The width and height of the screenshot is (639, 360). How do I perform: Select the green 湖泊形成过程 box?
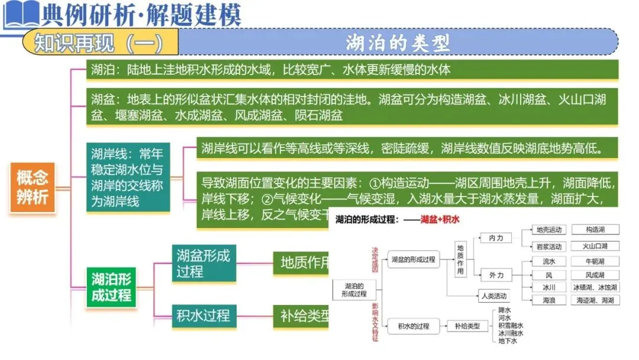(112, 287)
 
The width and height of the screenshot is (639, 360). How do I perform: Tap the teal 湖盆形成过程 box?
(204, 263)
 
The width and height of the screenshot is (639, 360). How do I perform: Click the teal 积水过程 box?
(204, 316)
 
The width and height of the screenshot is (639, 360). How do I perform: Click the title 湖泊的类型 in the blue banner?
(398, 43)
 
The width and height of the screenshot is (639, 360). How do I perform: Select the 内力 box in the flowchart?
(496, 238)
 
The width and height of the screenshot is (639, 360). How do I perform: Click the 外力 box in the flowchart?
(496, 275)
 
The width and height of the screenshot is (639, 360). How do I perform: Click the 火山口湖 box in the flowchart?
(595, 246)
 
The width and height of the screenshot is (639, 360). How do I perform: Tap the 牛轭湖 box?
(595, 261)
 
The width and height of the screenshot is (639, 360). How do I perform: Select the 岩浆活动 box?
(548, 246)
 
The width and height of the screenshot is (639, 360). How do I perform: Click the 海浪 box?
(548, 300)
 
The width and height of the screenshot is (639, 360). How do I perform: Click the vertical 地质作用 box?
(460, 259)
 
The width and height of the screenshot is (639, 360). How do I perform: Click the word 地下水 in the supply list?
(508, 341)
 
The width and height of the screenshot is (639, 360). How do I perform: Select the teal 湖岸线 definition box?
(128, 178)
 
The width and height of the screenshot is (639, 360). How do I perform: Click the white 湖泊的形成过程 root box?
(355, 290)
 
